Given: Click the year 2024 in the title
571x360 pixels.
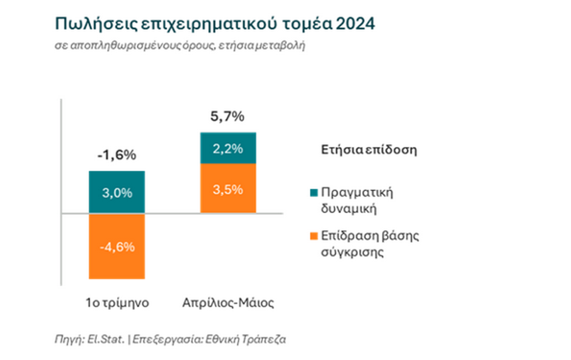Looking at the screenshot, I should (x=356, y=24).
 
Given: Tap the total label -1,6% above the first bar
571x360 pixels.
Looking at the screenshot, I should (x=116, y=155).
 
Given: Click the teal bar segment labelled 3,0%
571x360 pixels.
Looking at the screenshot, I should (x=117, y=192).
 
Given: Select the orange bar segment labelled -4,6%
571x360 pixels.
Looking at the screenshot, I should (x=117, y=246).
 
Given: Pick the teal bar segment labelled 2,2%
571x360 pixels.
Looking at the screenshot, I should (x=228, y=148).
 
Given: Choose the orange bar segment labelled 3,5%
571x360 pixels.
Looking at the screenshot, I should (x=228, y=189).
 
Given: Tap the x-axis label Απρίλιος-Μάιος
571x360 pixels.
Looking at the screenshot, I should (x=228, y=303).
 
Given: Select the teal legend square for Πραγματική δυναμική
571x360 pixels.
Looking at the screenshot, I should (x=313, y=192).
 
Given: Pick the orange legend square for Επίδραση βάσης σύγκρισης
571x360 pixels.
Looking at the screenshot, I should (x=313, y=237).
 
